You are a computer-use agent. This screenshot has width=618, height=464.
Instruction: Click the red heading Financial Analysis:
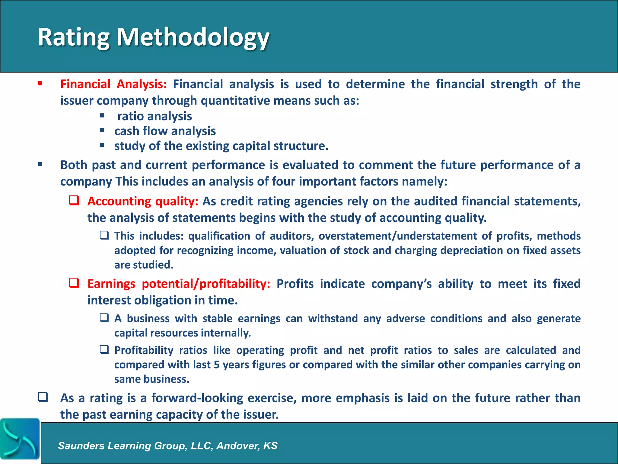point(113,84)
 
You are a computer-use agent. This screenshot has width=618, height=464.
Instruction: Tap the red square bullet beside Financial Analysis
point(40,83)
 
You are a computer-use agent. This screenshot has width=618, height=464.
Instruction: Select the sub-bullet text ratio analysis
point(154,116)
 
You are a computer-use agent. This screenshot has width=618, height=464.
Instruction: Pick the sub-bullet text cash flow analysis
point(165,131)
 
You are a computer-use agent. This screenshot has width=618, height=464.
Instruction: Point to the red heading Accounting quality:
point(143,201)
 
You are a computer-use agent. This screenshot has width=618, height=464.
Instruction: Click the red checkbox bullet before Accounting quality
point(74,201)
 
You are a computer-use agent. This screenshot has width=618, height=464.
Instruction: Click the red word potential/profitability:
point(206,284)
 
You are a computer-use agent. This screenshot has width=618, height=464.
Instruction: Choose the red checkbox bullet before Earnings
point(74,283)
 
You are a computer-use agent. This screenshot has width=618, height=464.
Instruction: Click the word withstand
point(333,318)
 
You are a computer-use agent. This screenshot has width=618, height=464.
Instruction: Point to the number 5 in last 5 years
point(216,365)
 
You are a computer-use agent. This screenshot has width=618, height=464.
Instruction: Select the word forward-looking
point(197,398)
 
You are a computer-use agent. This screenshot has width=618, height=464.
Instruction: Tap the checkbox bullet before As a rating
point(43,397)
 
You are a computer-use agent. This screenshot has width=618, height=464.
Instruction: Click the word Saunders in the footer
point(81,446)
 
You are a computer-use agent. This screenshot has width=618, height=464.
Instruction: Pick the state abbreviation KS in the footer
point(270,446)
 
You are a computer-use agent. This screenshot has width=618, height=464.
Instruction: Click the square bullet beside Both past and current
point(40,165)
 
